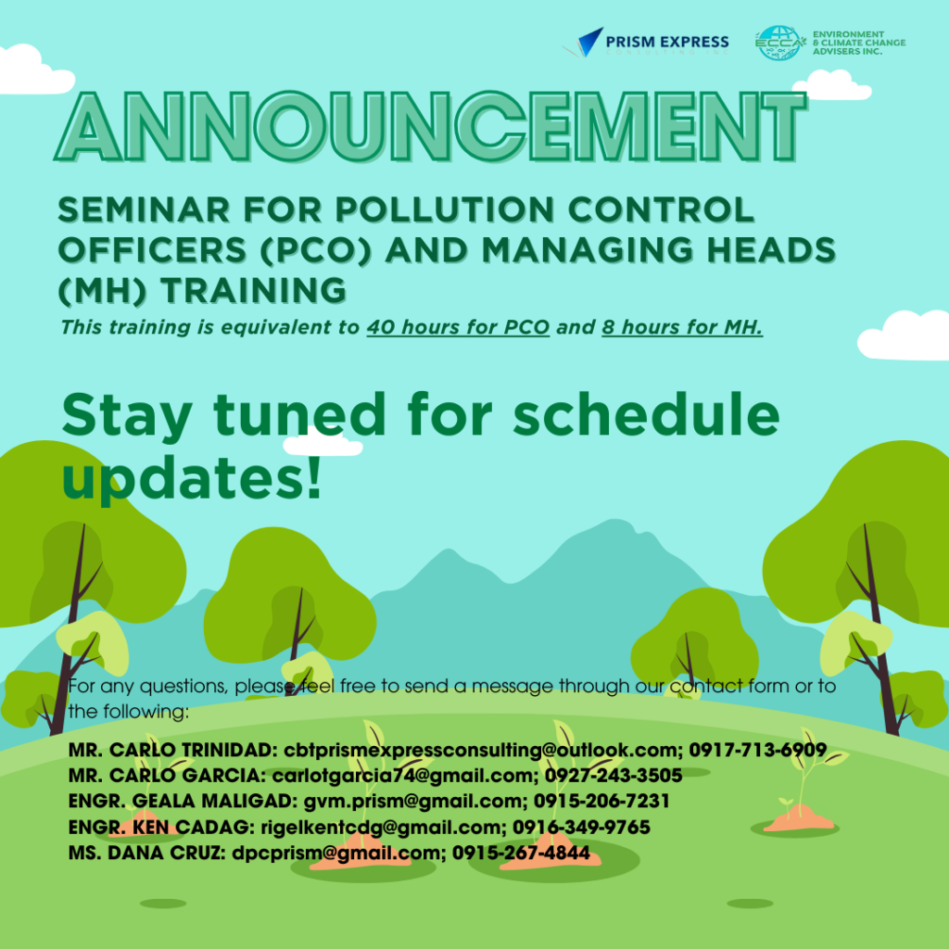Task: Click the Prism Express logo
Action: click(652, 43)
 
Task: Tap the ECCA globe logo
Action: click(779, 43)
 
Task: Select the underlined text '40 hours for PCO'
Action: click(458, 327)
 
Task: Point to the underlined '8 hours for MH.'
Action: click(681, 327)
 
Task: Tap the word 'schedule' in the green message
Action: click(646, 415)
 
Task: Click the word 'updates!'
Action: click(192, 478)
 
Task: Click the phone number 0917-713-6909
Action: click(757, 749)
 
